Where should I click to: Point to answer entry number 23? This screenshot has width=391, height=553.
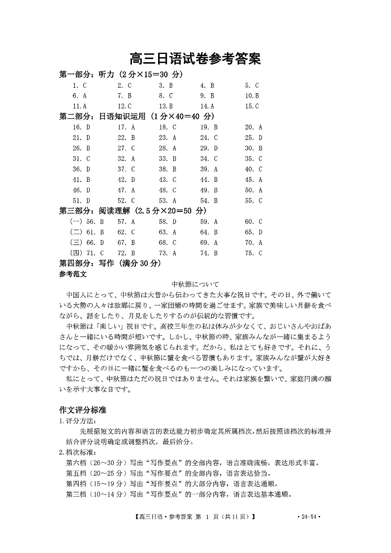pos(167,138)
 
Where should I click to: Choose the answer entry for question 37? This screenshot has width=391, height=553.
pos(126,169)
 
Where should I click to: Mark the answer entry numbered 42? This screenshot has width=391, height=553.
pos(126,180)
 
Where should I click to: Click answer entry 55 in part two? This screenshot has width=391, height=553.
pos(254,201)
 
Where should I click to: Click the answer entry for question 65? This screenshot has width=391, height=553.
pos(254,232)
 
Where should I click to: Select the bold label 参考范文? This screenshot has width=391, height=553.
pos(73,274)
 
